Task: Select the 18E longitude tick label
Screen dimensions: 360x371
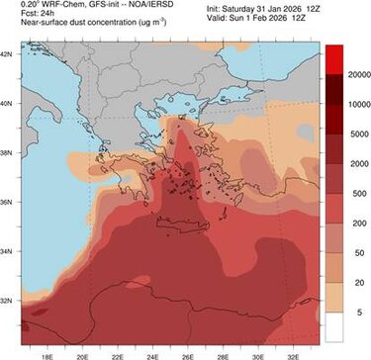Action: click(x=46, y=350)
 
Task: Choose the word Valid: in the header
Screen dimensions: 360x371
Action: click(x=221, y=18)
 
